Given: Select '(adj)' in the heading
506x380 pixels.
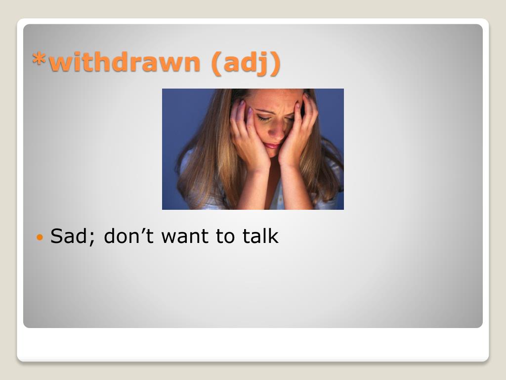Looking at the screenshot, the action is pos(246,63).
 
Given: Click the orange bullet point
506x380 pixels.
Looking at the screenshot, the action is pos(40,237).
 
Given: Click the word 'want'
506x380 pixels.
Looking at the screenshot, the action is pos(184,237).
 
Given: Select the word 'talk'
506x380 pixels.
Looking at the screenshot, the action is pos(260,236).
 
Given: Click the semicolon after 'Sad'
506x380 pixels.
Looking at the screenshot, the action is pos(92,239).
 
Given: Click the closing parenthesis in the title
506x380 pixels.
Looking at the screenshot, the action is pos(275,63).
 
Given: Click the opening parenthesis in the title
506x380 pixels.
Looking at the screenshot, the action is pos(217,63).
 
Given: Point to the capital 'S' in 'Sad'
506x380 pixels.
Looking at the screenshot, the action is pos(57,236).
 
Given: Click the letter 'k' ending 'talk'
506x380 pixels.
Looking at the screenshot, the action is pos(274,236).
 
